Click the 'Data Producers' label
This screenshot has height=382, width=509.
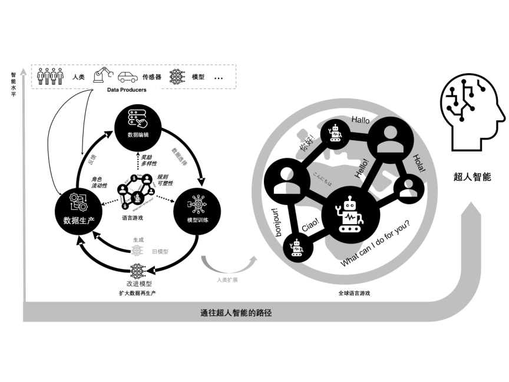[127, 90]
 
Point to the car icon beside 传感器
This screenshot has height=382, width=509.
[128, 77]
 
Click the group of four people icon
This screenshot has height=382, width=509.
[50, 77]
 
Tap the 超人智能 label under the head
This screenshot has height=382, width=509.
[472, 176]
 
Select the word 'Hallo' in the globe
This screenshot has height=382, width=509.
[361, 120]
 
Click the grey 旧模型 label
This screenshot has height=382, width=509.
[160, 251]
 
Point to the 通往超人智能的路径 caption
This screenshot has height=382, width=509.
[236, 313]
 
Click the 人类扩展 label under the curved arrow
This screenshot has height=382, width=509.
[226, 279]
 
